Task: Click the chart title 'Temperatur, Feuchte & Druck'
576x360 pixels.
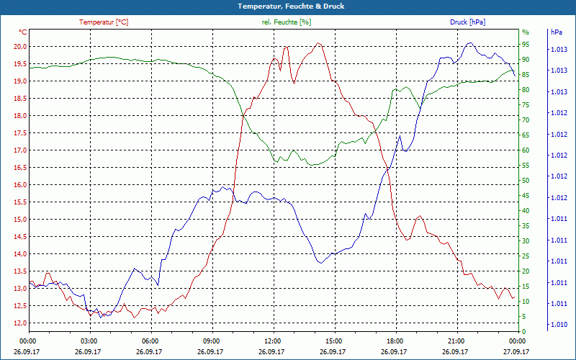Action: [x=288, y=6]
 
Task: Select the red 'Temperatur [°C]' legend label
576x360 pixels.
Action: [x=104, y=22]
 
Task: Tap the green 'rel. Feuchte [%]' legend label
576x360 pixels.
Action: [x=287, y=22]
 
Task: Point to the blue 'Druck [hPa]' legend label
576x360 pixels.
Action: [x=467, y=22]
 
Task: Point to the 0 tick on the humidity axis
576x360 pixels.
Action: [x=523, y=331]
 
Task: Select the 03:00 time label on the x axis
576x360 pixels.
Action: [x=89, y=341]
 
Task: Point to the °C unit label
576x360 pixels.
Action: [x=23, y=32]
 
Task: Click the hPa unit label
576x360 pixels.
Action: [x=556, y=32]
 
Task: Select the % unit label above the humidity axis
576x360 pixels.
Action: [x=526, y=32]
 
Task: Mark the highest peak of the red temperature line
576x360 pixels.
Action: [x=318, y=43]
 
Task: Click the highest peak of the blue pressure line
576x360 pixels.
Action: [x=470, y=42]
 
